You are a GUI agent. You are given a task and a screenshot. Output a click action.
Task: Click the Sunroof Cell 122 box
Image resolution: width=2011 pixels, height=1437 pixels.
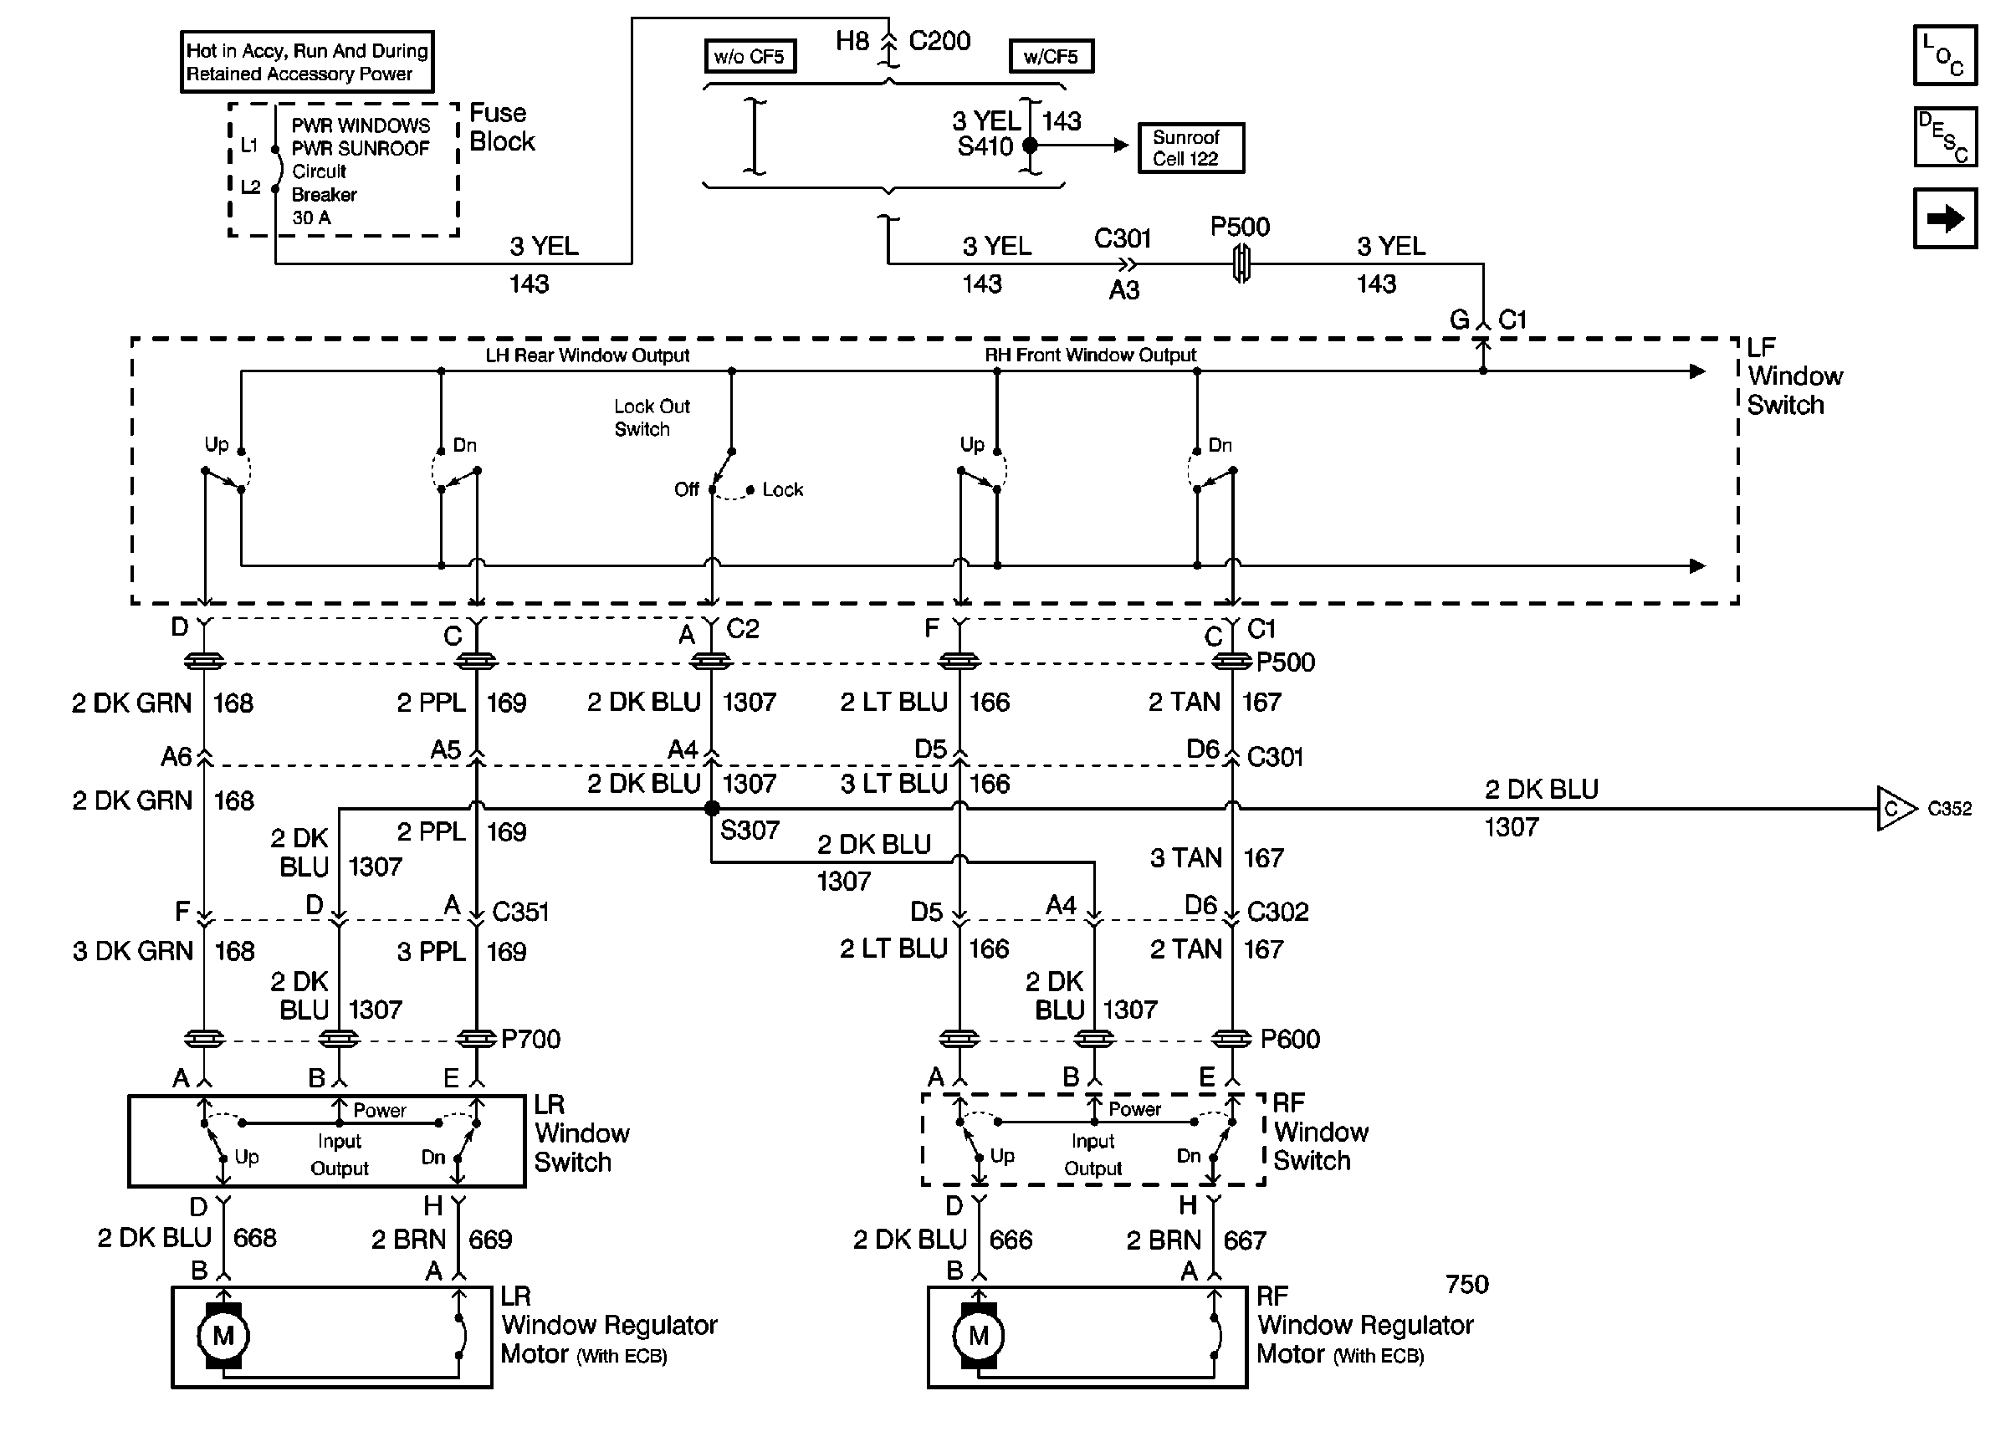(1190, 148)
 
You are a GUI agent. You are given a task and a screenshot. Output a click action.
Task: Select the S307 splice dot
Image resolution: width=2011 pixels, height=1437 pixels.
(711, 808)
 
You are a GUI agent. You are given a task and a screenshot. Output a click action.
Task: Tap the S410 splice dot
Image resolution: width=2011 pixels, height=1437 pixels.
(1030, 145)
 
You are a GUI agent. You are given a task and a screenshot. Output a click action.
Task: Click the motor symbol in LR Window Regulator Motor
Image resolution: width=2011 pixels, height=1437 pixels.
(223, 1335)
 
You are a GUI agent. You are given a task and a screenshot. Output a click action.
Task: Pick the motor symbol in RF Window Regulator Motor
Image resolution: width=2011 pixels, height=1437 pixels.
(978, 1335)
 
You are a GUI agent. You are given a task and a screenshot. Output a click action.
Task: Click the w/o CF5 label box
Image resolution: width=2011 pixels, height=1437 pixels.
(750, 57)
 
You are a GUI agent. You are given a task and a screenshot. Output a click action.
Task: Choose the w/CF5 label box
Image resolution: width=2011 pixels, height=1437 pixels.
(1050, 57)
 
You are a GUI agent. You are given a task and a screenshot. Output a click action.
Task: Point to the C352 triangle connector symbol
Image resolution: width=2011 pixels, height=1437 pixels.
(1894, 809)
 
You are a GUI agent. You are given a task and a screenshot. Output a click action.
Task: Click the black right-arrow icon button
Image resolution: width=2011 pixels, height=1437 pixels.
(1945, 218)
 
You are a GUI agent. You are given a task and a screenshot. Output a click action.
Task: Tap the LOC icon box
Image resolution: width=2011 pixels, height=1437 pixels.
(1945, 56)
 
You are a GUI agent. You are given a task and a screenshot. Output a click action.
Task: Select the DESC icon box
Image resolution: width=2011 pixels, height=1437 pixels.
(1945, 137)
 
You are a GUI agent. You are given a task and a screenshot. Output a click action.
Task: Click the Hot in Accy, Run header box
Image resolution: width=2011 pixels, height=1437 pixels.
(307, 62)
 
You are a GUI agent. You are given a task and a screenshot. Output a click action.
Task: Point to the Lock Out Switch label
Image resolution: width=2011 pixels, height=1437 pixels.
(651, 417)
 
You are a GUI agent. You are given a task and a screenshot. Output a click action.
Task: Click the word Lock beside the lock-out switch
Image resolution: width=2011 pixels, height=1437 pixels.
(782, 490)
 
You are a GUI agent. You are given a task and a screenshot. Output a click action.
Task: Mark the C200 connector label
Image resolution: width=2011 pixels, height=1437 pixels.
(939, 41)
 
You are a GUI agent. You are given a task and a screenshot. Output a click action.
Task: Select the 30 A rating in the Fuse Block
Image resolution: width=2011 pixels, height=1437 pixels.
(311, 217)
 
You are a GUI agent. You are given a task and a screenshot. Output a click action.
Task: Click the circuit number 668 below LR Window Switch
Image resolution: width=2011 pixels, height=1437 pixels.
(255, 1238)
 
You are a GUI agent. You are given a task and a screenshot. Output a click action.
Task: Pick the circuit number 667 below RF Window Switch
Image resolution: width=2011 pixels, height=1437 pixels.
(1244, 1240)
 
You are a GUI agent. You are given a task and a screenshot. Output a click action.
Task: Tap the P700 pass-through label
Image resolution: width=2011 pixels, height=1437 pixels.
(530, 1039)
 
